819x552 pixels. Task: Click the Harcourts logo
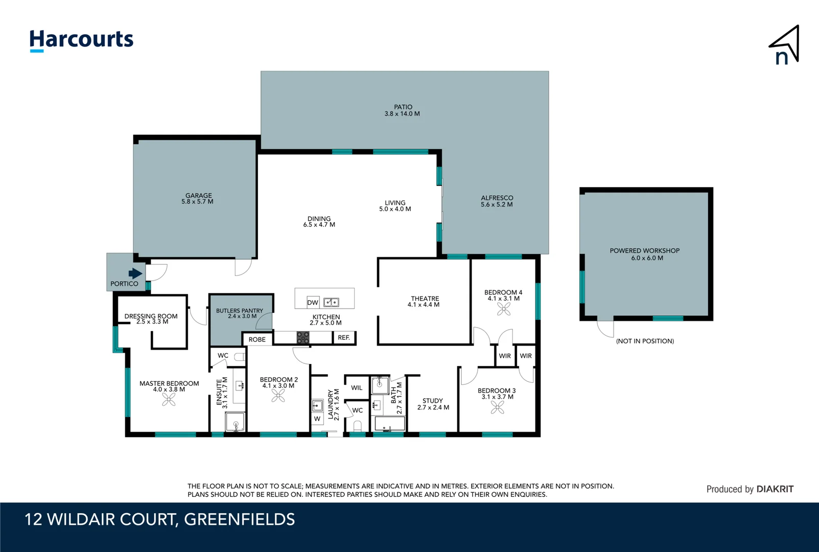[81, 40]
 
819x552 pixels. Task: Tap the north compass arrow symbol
[785, 45]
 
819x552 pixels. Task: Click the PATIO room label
[403, 107]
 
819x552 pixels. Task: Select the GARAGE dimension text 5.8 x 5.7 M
[197, 202]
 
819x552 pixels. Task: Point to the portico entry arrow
[135, 273]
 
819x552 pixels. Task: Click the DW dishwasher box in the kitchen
[313, 302]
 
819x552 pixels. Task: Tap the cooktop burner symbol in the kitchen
[303, 337]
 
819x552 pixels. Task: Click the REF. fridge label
[344, 338]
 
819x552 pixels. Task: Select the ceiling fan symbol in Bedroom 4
[504, 309]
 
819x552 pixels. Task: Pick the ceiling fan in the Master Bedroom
[169, 400]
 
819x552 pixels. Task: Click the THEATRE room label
[425, 298]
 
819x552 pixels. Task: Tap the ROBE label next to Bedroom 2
[257, 339]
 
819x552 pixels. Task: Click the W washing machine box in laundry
[317, 419]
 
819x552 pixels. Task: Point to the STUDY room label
[433, 401]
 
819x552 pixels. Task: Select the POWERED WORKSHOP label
[644, 251]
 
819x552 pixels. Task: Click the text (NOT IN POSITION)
[645, 341]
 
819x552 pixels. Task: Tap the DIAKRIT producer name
[775, 489]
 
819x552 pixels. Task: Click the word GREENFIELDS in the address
[239, 519]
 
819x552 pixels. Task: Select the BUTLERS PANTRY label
[239, 311]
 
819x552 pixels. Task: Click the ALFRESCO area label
[497, 198]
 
